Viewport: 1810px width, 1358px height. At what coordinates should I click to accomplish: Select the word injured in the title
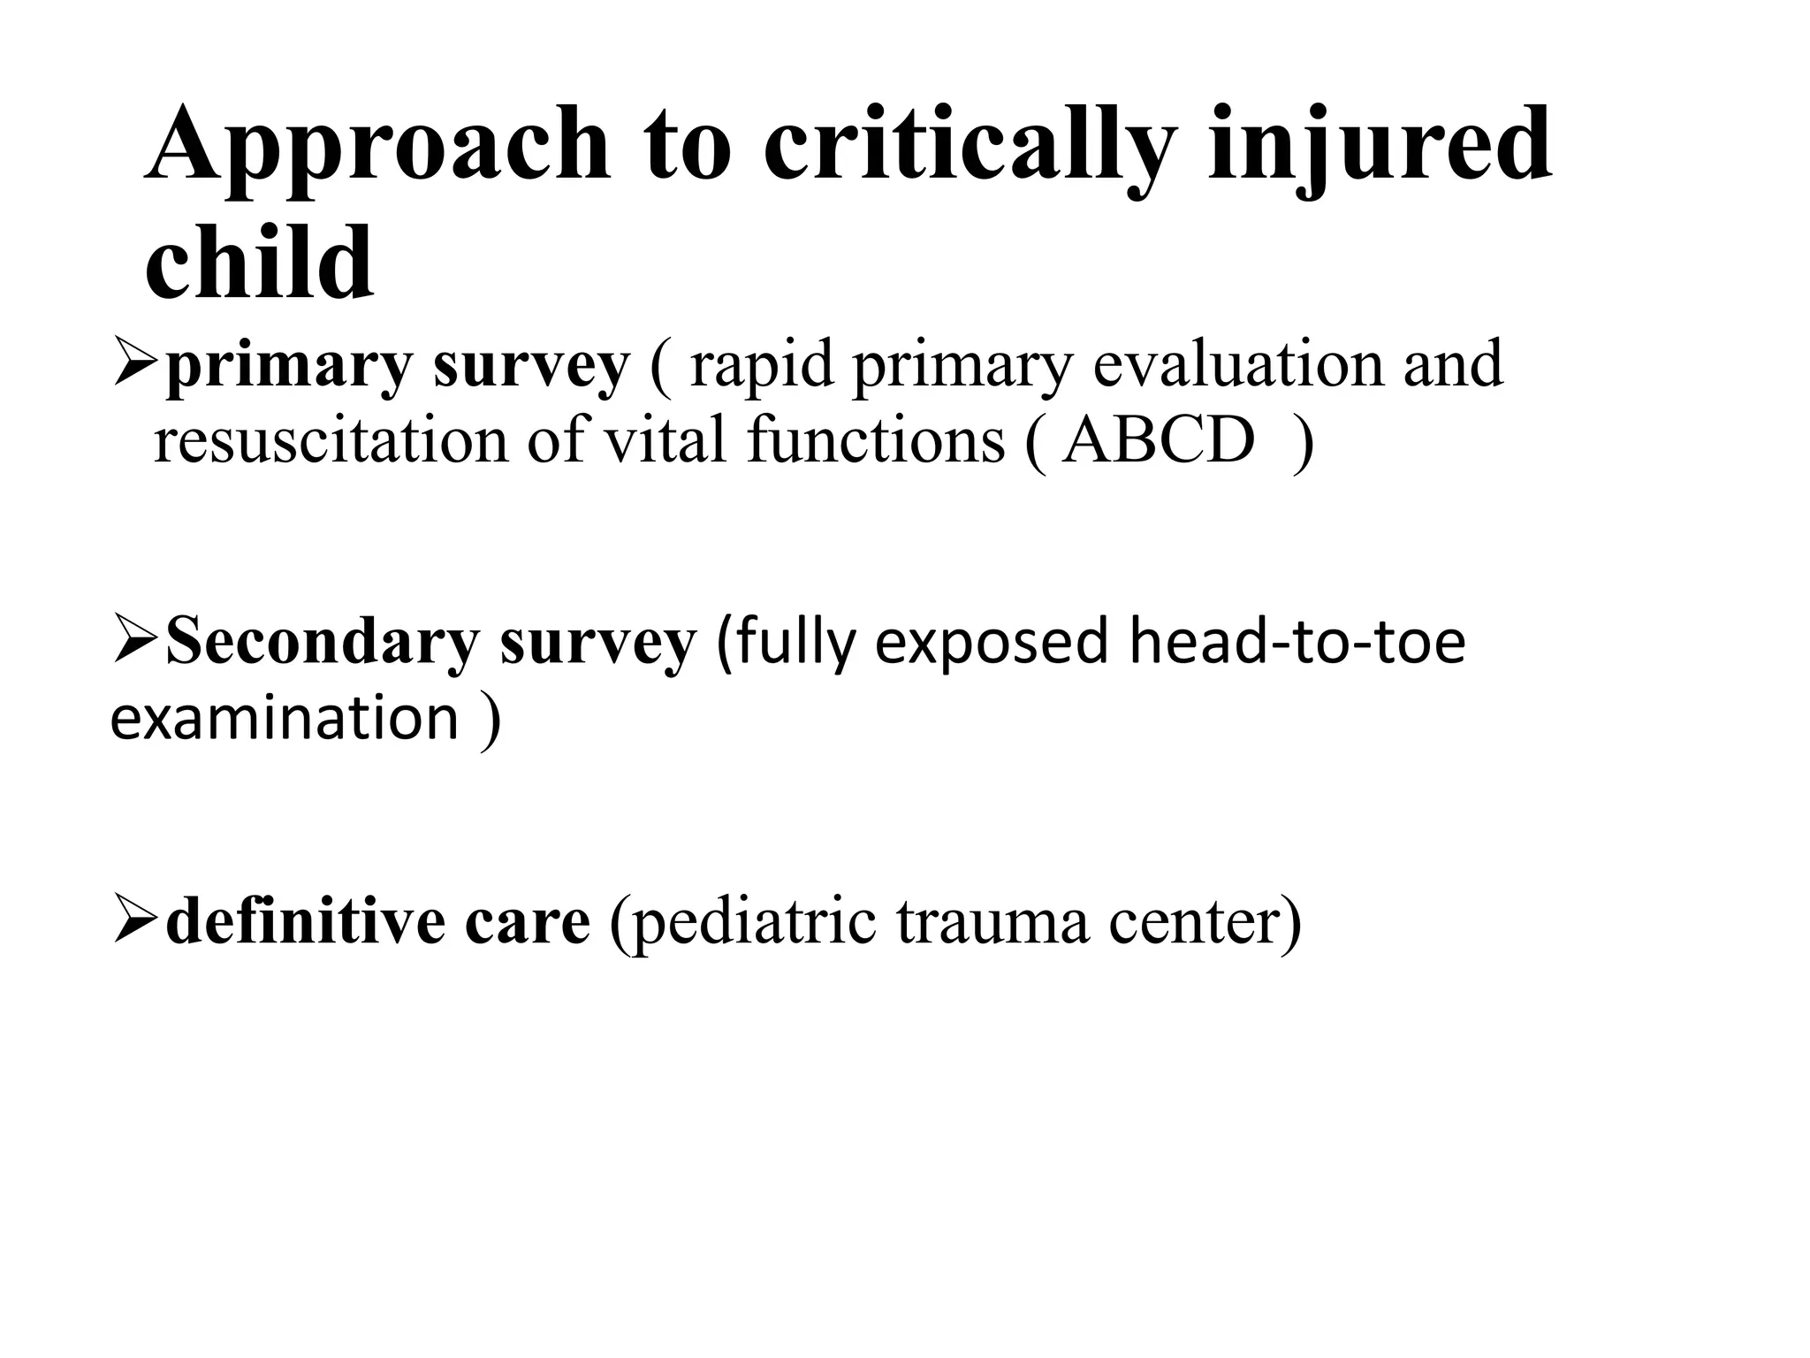click(1380, 146)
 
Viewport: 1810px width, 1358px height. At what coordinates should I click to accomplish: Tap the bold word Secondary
click(322, 642)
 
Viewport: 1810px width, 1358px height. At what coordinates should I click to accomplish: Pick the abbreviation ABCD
click(1159, 439)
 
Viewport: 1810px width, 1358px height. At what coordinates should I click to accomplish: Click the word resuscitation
click(331, 439)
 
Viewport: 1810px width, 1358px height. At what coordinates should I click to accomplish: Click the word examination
click(284, 717)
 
